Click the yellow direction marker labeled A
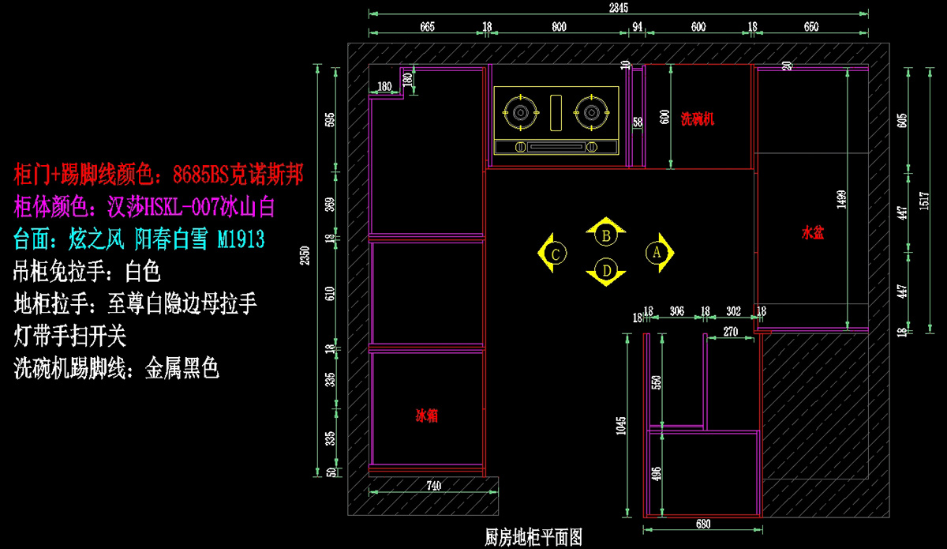(656, 252)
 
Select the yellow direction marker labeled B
(606, 234)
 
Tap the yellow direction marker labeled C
(556, 254)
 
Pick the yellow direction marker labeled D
(606, 270)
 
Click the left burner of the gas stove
(520, 112)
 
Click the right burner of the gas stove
(591, 112)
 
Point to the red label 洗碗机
(698, 119)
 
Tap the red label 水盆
(813, 233)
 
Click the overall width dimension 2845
(618, 8)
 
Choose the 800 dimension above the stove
(558, 27)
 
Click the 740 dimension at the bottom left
(433, 486)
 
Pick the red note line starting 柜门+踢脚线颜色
(159, 174)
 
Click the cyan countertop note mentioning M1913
(139, 238)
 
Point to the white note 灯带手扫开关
(70, 337)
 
